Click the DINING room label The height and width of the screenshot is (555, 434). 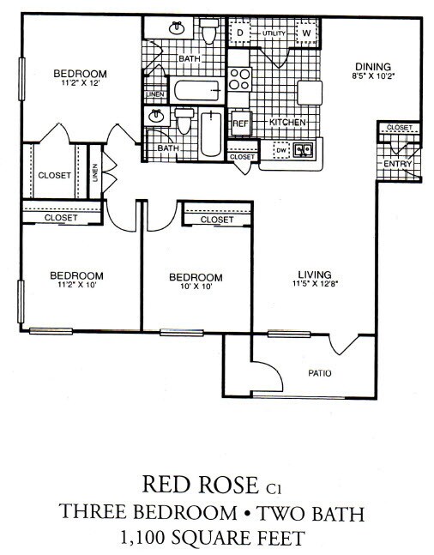click(x=373, y=67)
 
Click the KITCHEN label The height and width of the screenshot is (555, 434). click(x=287, y=123)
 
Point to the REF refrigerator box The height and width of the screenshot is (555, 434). click(x=240, y=123)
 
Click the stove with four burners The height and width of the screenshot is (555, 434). click(x=239, y=80)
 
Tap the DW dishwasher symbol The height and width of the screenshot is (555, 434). click(x=281, y=150)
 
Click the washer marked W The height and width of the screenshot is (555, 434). click(x=305, y=34)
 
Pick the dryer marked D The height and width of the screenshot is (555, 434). click(x=241, y=33)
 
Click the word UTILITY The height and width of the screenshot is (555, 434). click(x=273, y=33)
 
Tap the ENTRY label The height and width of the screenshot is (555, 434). click(x=397, y=164)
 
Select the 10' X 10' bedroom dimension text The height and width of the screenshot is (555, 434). click(x=196, y=287)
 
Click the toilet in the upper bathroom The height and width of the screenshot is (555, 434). click(x=208, y=31)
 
